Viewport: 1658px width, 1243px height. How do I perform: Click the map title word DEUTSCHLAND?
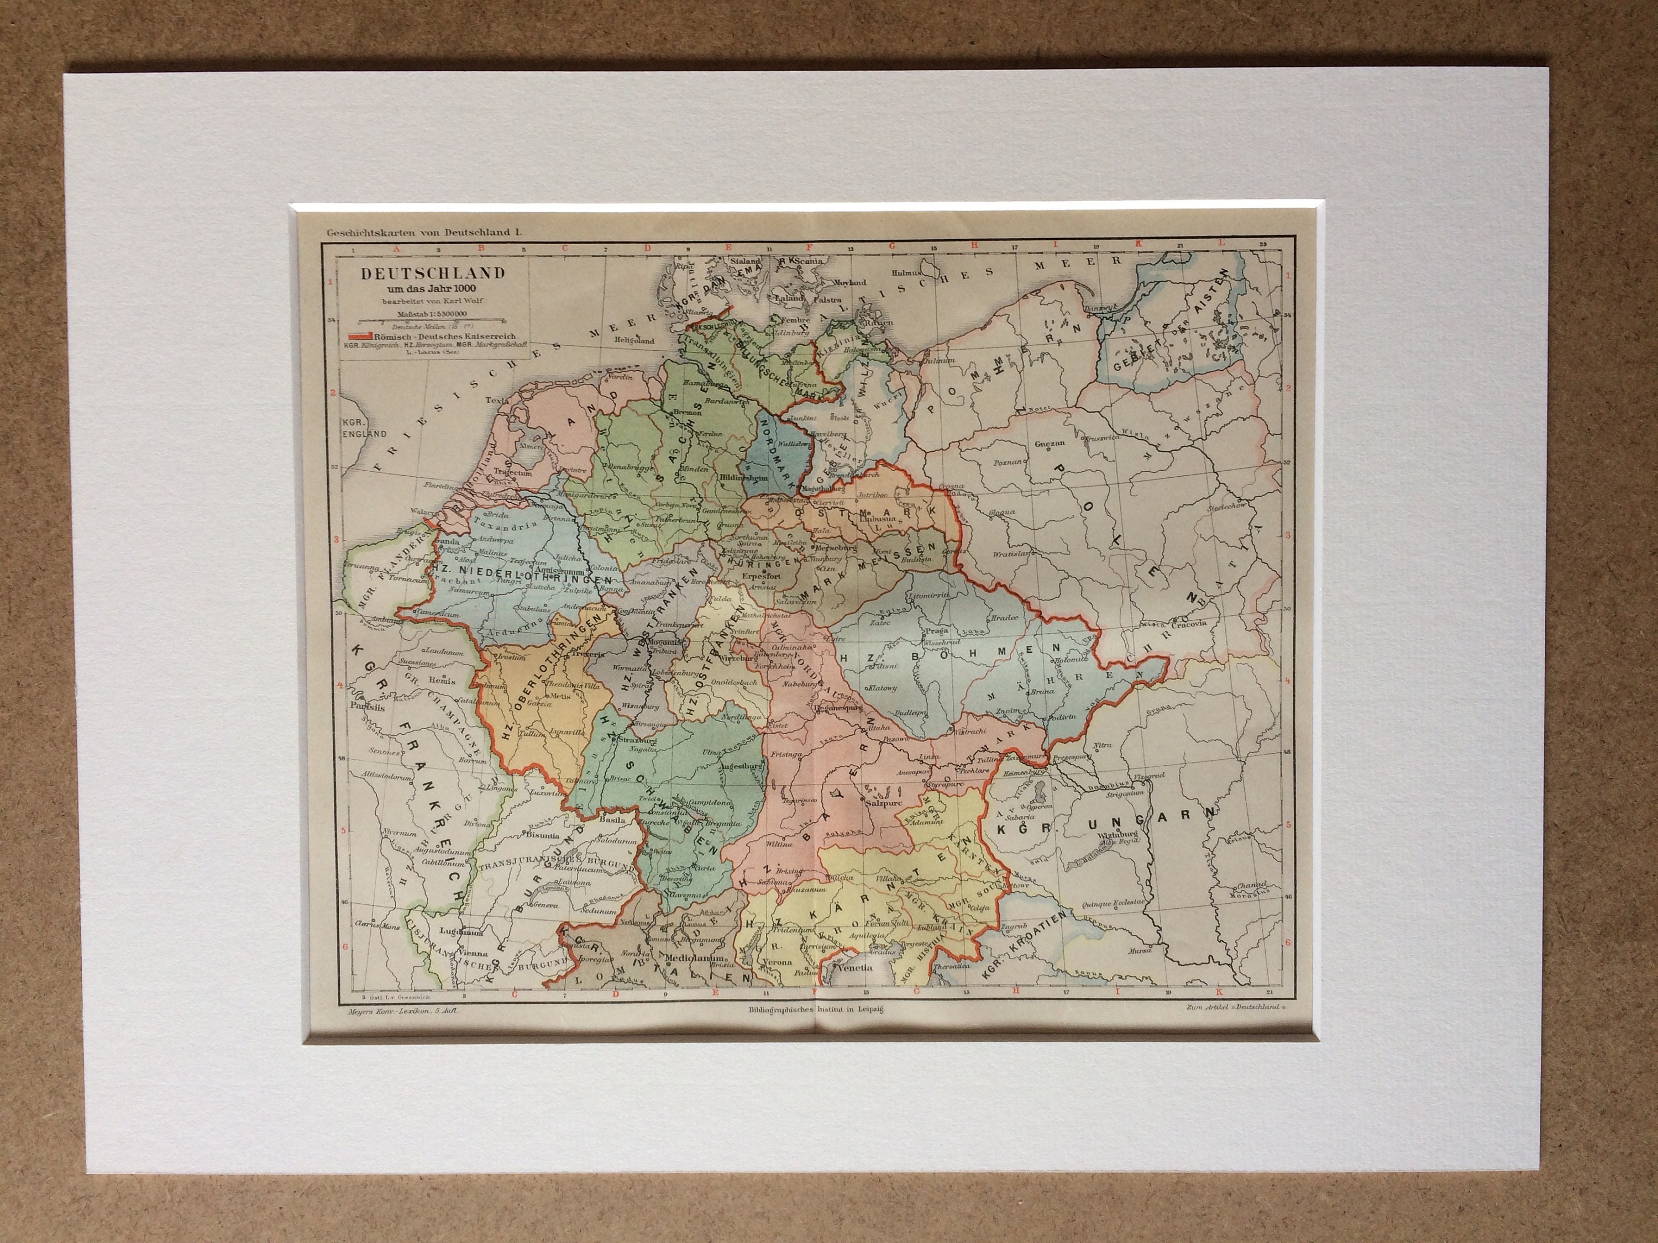(433, 274)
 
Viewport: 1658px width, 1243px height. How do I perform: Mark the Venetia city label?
(857, 967)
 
